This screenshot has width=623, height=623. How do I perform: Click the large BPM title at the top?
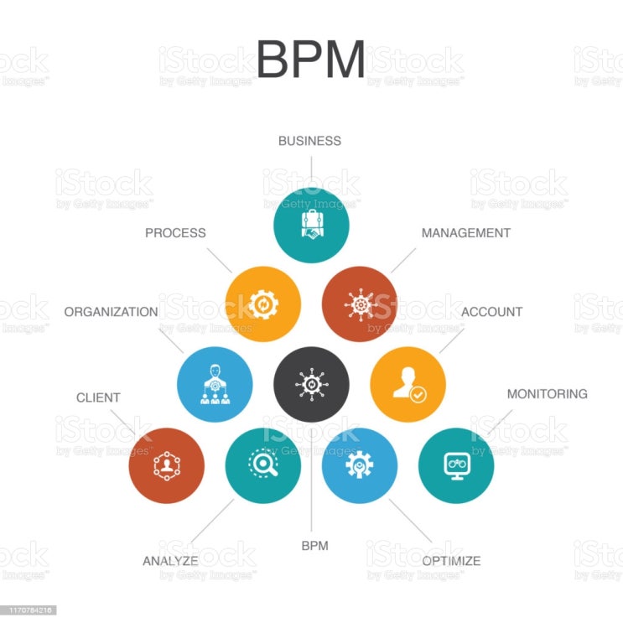(310, 59)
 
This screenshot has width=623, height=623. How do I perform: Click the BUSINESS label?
(309, 141)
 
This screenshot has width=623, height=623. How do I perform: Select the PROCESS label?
(175, 232)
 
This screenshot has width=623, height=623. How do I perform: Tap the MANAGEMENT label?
(465, 232)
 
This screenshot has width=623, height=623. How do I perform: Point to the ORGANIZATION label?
(111, 312)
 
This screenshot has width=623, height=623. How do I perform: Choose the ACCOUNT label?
(491, 312)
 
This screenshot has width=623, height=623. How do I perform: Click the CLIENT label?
(98, 397)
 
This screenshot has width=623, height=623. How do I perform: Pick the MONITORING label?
(547, 394)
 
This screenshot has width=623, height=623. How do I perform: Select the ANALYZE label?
(170, 561)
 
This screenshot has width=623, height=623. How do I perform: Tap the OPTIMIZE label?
(451, 561)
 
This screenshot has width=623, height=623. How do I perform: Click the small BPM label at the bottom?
(314, 546)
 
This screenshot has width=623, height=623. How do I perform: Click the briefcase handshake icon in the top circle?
(312, 225)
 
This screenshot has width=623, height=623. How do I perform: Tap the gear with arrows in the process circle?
(263, 304)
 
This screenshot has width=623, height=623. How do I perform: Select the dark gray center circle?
(312, 384)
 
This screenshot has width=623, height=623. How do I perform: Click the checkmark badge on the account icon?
(418, 395)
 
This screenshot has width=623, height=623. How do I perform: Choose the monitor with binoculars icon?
(456, 465)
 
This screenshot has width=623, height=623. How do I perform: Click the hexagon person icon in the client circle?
(167, 465)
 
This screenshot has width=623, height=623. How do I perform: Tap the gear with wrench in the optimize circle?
(359, 465)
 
